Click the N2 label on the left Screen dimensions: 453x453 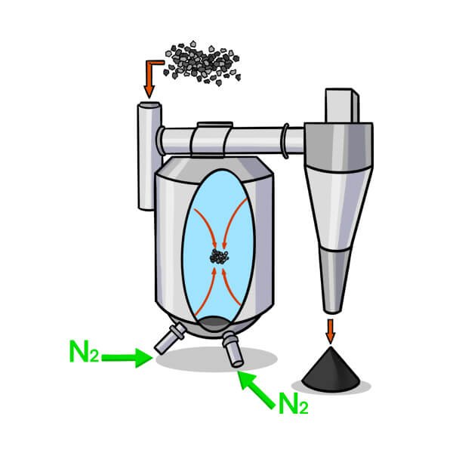pos(85,351)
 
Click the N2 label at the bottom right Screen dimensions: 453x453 pos(294,403)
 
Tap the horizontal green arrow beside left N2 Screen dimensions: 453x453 pos(127,358)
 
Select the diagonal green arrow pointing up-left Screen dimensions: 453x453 pos(256,390)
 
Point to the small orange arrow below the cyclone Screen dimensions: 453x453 pos(330,331)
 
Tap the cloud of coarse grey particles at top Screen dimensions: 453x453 pos(202,63)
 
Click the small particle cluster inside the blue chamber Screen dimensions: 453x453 pos(219,257)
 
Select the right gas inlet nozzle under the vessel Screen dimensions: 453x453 pos(233,349)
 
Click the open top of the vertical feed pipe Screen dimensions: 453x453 pos(149,106)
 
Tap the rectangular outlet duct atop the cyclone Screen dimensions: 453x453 pos(342,106)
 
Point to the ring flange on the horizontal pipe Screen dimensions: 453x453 pos(285,140)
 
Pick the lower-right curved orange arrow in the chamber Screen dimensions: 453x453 pos(232,288)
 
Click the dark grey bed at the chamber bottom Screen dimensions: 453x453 pos(214,324)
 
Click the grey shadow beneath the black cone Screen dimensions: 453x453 pos(331,387)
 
